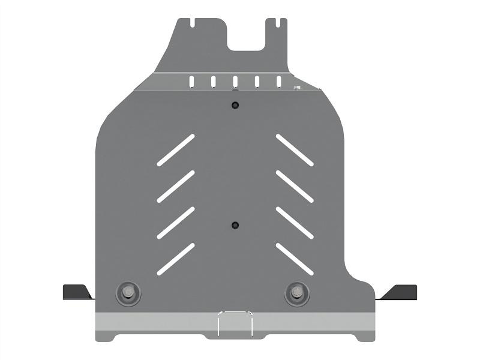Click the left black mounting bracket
(76, 292)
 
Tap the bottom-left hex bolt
(127, 293)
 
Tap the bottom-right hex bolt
(296, 293)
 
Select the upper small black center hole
(235, 106)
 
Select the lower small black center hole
(235, 225)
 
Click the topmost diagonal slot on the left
(176, 149)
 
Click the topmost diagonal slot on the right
(295, 149)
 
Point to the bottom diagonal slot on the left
(176, 259)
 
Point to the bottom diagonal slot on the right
(295, 259)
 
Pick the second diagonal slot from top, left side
(176, 186)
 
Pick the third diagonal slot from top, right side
(295, 223)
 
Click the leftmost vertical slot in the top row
(192, 82)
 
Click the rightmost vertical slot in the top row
(279, 82)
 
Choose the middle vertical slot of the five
(235, 82)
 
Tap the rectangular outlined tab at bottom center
(235, 323)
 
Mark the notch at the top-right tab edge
(278, 23)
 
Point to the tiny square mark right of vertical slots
(296, 88)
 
